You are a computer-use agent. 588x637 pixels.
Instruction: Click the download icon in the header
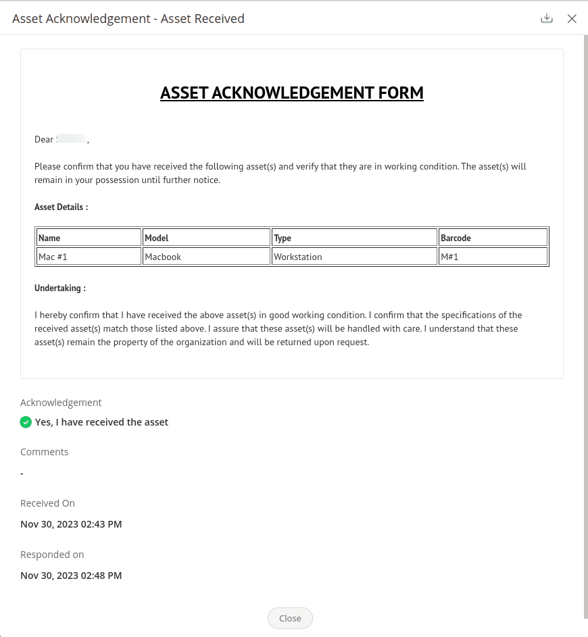coord(547,19)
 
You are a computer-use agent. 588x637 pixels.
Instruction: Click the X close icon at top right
coord(572,19)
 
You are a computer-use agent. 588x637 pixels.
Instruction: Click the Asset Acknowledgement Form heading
coord(291,93)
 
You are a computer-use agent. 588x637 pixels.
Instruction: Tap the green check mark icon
coord(26,422)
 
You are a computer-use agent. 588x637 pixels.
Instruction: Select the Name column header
coord(49,238)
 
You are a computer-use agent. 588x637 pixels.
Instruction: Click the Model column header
coord(157,238)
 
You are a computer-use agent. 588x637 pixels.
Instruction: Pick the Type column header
coord(283,238)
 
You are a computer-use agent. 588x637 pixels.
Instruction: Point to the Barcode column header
coord(456,238)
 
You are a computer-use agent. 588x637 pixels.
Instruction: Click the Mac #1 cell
coord(53,257)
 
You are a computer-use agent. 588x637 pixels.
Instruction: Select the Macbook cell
coord(163,257)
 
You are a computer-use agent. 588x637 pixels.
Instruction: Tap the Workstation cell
coord(298,257)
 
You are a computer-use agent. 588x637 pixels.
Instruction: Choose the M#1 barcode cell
coord(449,257)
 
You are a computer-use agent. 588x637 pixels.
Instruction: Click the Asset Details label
coord(61,207)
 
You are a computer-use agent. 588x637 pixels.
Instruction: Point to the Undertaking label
coord(60,288)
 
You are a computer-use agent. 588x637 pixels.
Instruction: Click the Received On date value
coord(71,524)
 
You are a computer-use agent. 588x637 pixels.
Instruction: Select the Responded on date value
coord(71,576)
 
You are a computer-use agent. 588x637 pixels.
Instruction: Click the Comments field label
coord(45,452)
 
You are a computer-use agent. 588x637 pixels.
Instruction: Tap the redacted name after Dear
coord(71,139)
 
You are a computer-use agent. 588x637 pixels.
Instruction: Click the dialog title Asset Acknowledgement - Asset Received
coord(128,19)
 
